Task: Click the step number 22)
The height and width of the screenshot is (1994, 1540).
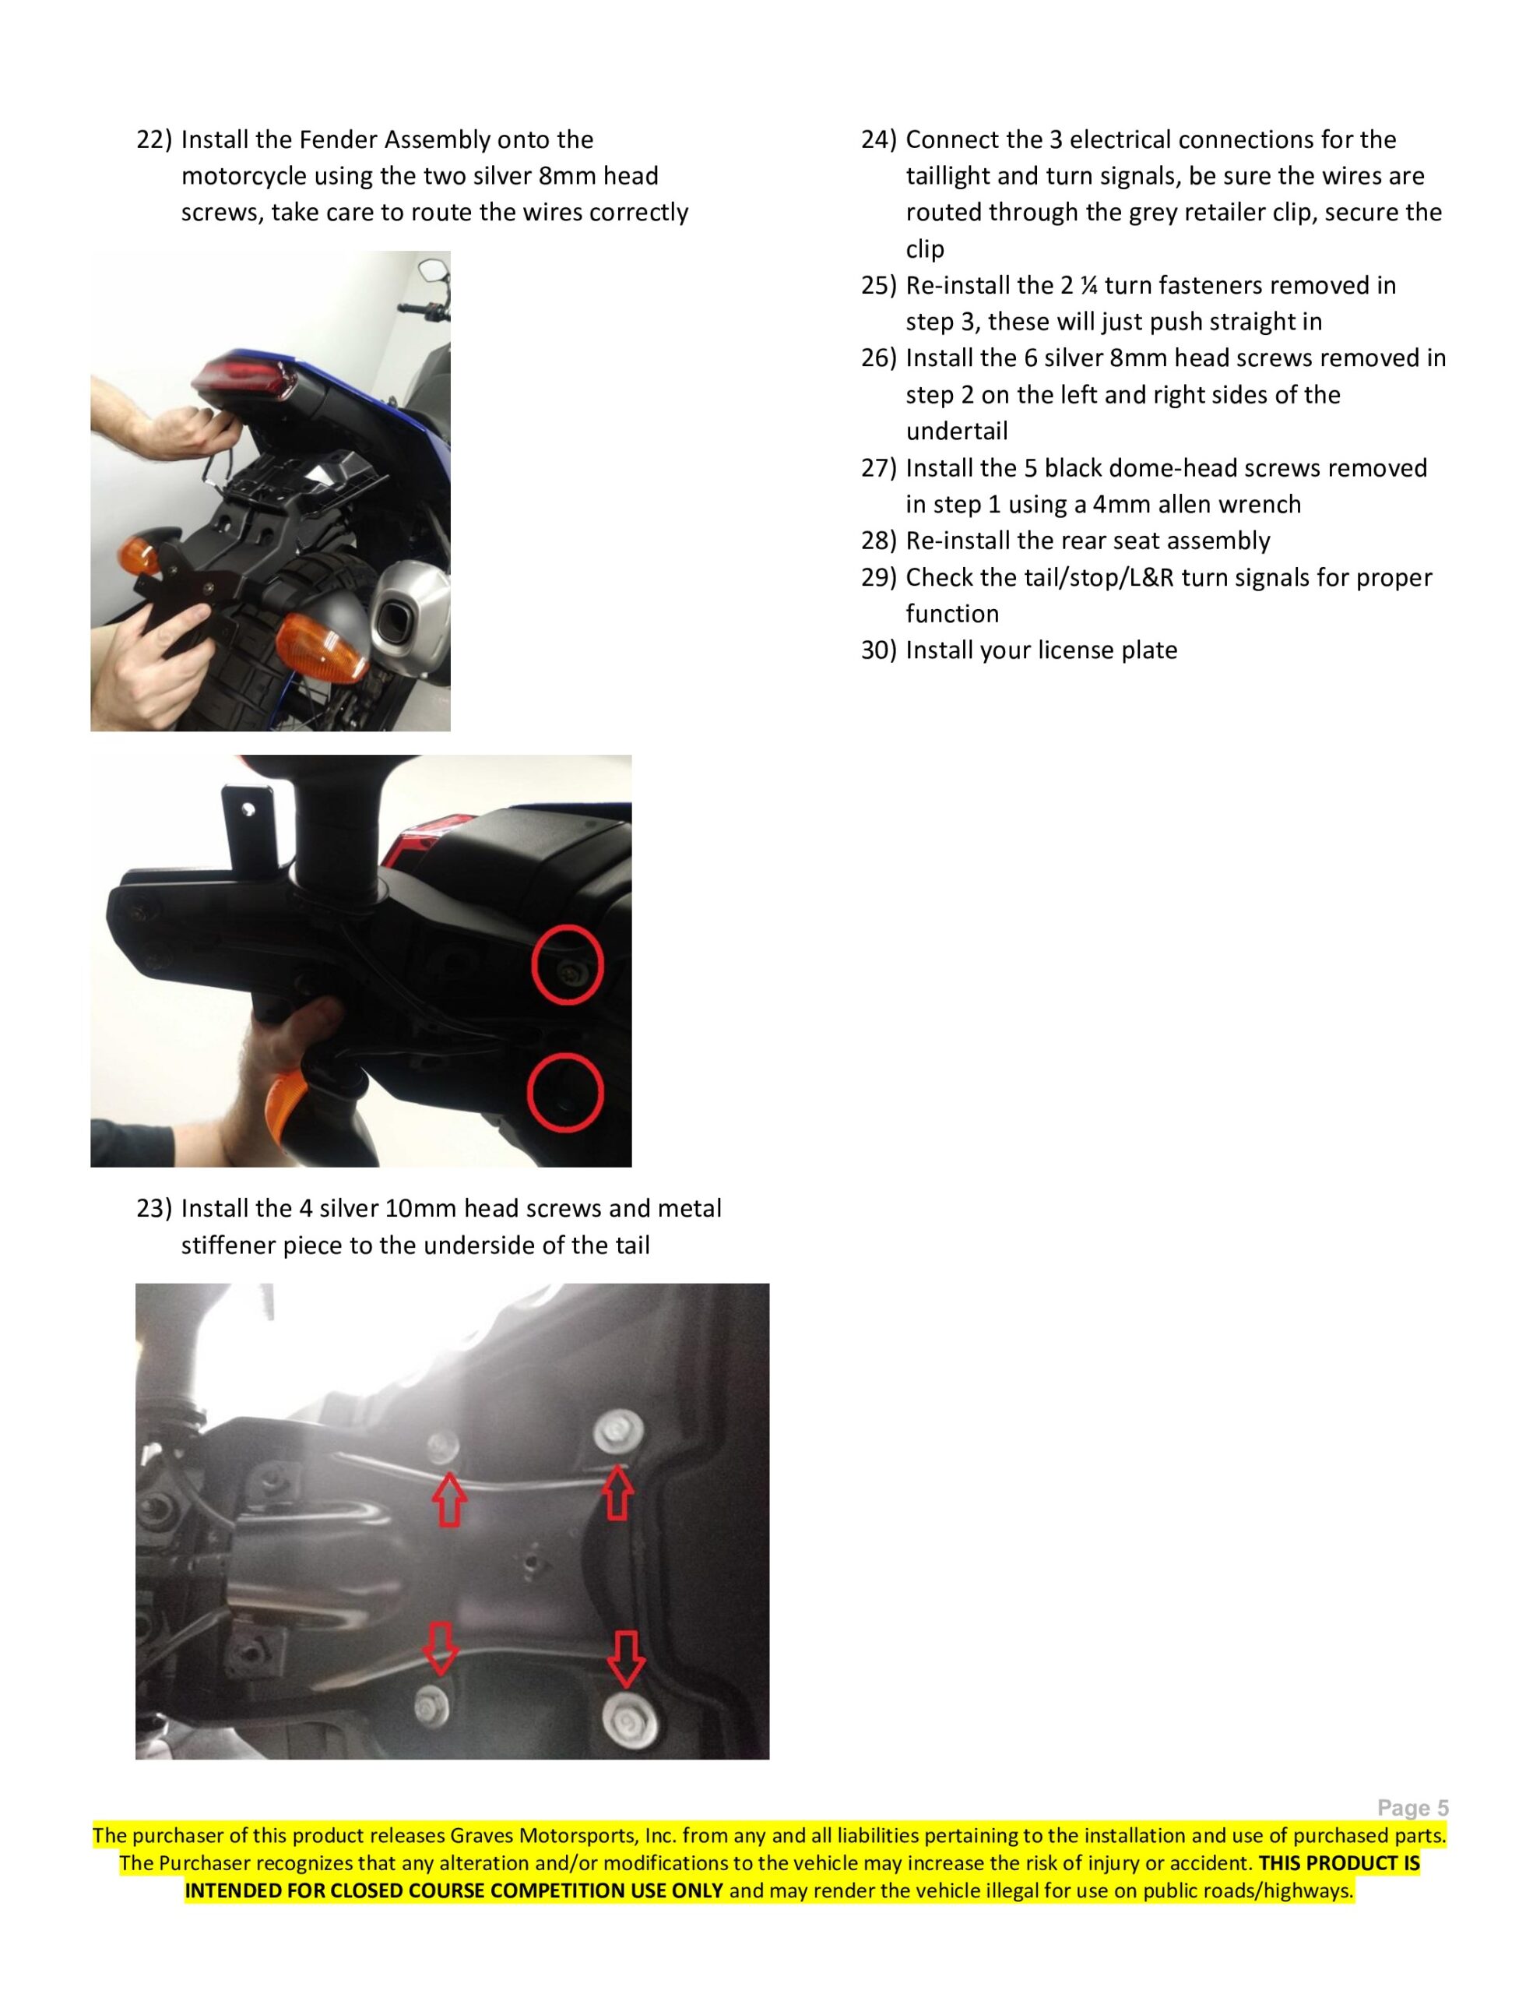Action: point(154,139)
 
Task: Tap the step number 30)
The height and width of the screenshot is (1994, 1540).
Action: point(879,650)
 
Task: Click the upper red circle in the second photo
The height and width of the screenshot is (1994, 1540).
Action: point(567,964)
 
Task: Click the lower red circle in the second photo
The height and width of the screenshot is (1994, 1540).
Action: point(566,1093)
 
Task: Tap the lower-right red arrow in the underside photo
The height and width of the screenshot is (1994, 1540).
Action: point(626,1659)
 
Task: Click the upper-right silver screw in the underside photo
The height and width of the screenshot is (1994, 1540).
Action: point(619,1436)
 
